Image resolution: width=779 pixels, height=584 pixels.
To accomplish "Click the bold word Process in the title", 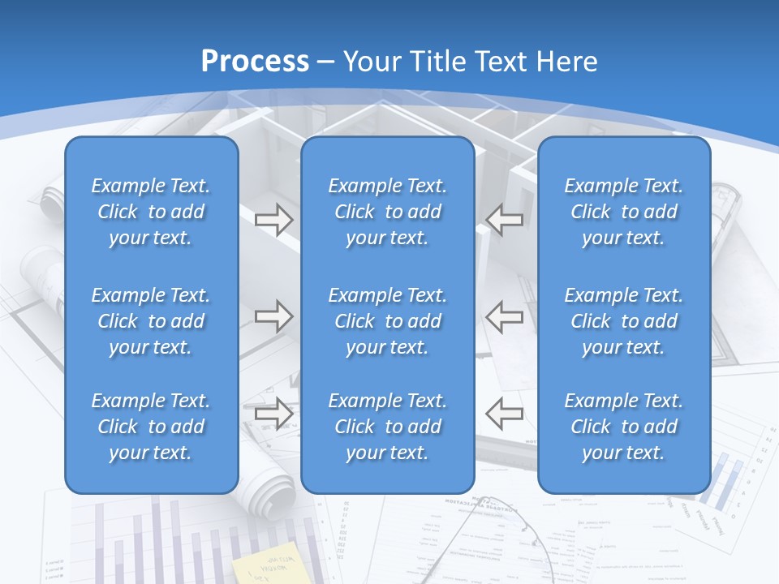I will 255,62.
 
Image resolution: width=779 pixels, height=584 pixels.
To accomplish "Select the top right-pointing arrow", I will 273,220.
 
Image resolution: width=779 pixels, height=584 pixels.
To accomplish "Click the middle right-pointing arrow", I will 273,316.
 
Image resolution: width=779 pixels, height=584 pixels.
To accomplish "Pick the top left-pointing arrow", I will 504,220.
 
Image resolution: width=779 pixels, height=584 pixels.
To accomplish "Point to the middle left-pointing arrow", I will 504,316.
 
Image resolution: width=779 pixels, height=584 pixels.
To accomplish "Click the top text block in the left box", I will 151,212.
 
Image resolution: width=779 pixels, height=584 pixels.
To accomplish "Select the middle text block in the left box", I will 151,321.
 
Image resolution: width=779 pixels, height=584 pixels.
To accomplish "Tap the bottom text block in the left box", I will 151,427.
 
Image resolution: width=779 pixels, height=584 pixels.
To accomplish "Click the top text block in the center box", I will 387,212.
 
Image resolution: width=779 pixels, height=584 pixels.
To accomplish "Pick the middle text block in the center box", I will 387,321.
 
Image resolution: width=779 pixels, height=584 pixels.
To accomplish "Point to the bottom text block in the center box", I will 387,427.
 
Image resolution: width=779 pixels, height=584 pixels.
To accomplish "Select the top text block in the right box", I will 623,212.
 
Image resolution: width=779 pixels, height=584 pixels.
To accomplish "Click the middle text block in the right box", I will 623,321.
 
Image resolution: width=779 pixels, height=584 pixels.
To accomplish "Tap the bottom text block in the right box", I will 623,427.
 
